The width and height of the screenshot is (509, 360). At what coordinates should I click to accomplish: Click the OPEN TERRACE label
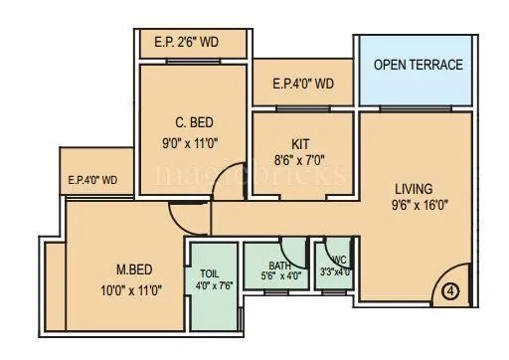[x=418, y=65]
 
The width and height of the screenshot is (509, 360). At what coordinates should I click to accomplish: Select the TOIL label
[x=210, y=274]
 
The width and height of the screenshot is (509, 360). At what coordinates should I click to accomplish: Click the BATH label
[x=279, y=265]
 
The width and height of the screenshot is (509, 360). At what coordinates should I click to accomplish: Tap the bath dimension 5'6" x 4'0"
[x=279, y=275]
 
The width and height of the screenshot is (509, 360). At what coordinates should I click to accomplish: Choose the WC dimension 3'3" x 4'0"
[x=334, y=271]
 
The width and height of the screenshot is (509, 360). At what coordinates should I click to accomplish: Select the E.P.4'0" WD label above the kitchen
[x=303, y=85]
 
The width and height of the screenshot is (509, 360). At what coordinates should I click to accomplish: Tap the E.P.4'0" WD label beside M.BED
[x=92, y=180]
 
